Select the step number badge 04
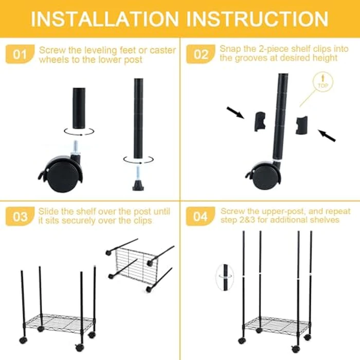point(201,217)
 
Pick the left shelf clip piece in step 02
point(261,121)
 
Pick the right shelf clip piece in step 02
point(301,124)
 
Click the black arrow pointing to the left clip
point(235,112)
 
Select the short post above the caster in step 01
point(79,108)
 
